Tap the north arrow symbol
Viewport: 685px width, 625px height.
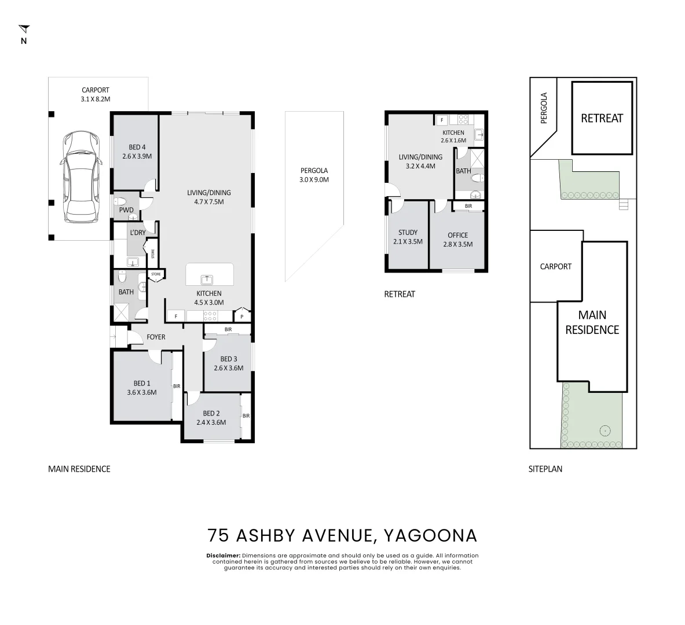(24, 30)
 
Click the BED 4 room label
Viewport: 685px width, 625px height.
(137, 147)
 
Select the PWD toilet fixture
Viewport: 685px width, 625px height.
(122, 201)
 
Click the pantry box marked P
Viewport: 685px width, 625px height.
(242, 317)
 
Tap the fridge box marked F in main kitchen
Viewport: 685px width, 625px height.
(175, 317)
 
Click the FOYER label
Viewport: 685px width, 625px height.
(156, 337)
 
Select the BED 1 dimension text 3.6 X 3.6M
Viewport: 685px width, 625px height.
(142, 392)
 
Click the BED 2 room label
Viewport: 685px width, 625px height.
(211, 413)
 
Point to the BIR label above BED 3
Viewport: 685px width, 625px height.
(228, 329)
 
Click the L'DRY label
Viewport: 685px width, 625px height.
(138, 233)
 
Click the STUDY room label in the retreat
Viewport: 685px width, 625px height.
(408, 233)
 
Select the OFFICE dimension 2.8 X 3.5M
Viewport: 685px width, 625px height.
(457, 244)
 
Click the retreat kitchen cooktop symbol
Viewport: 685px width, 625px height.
(463, 120)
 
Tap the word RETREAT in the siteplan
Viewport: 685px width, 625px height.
(602, 118)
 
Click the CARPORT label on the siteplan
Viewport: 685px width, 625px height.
(555, 267)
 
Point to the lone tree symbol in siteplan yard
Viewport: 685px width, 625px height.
(605, 430)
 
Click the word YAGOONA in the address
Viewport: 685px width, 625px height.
(430, 535)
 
